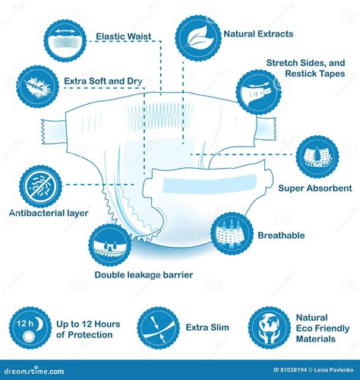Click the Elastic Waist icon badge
65,40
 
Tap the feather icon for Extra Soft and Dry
38,87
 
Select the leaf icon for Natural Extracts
198,38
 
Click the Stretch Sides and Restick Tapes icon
259,92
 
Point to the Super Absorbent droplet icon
317,157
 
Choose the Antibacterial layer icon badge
40,187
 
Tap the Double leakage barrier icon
110,245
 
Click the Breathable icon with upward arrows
232,234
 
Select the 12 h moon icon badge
30,328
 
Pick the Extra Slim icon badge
159,328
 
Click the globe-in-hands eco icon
270,328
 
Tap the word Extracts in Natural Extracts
275,34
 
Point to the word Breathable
281,236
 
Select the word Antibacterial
37,213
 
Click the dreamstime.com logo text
34,371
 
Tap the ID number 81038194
293,370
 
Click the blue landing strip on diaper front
210,183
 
